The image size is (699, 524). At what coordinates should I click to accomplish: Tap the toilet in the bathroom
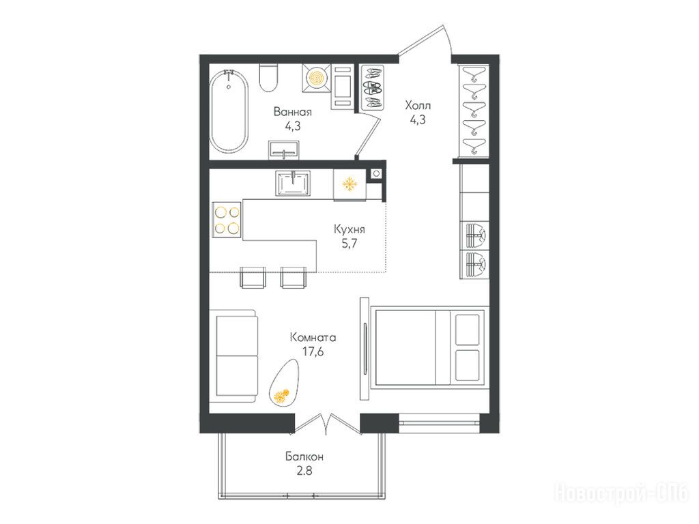coord(269,78)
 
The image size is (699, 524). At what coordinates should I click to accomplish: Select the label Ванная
coord(292,111)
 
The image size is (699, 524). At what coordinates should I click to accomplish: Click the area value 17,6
coord(313,352)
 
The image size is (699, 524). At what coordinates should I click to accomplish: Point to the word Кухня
coord(349,229)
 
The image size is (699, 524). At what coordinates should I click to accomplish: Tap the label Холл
coord(418,106)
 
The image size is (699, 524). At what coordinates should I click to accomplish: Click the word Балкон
coord(304,456)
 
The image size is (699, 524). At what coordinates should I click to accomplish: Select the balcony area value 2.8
coord(304,471)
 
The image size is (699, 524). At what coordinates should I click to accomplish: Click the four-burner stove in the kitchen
coord(227,220)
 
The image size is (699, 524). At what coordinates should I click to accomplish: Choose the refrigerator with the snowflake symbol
coord(350,184)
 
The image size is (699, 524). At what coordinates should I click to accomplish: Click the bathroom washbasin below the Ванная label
coord(284,149)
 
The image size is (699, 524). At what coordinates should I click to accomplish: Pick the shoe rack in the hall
coord(372,87)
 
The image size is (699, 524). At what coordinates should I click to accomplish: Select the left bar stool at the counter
coord(253,277)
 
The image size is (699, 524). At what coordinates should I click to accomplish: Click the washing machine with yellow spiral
coord(317,78)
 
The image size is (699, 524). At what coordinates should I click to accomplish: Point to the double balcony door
coord(327,423)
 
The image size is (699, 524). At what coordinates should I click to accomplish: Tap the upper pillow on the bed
coord(468,329)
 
